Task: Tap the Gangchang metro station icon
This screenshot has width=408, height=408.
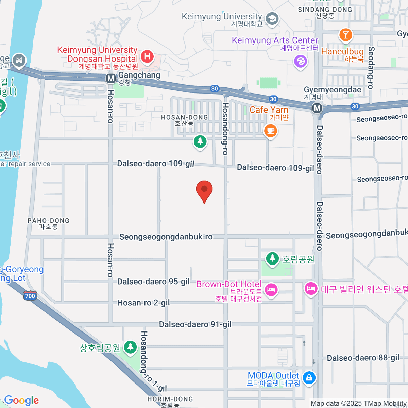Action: (x=111, y=79)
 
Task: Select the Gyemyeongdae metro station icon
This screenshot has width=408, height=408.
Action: (x=317, y=108)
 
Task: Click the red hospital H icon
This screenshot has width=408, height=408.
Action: (x=147, y=56)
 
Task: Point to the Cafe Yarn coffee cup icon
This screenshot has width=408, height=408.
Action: (x=270, y=130)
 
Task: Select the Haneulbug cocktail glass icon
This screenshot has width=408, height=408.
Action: (x=345, y=34)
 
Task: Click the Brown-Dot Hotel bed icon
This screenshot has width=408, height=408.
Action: (x=271, y=290)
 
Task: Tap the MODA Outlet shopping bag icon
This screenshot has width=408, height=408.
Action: (x=309, y=378)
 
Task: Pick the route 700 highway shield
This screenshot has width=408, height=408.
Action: (x=30, y=295)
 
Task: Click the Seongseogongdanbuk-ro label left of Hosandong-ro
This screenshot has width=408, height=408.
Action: (x=166, y=237)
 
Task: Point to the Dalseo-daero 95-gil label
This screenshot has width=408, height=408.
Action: (x=153, y=282)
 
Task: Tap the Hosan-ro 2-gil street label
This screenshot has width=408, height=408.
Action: (x=143, y=303)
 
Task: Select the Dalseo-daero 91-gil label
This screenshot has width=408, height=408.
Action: (x=195, y=324)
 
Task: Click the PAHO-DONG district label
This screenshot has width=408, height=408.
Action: (x=48, y=223)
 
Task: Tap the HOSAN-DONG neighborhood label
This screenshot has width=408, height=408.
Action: (x=184, y=120)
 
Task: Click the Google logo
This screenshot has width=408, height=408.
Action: (x=21, y=401)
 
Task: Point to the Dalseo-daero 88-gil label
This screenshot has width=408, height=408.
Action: (x=363, y=358)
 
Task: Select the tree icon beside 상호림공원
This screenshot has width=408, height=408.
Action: (x=130, y=347)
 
